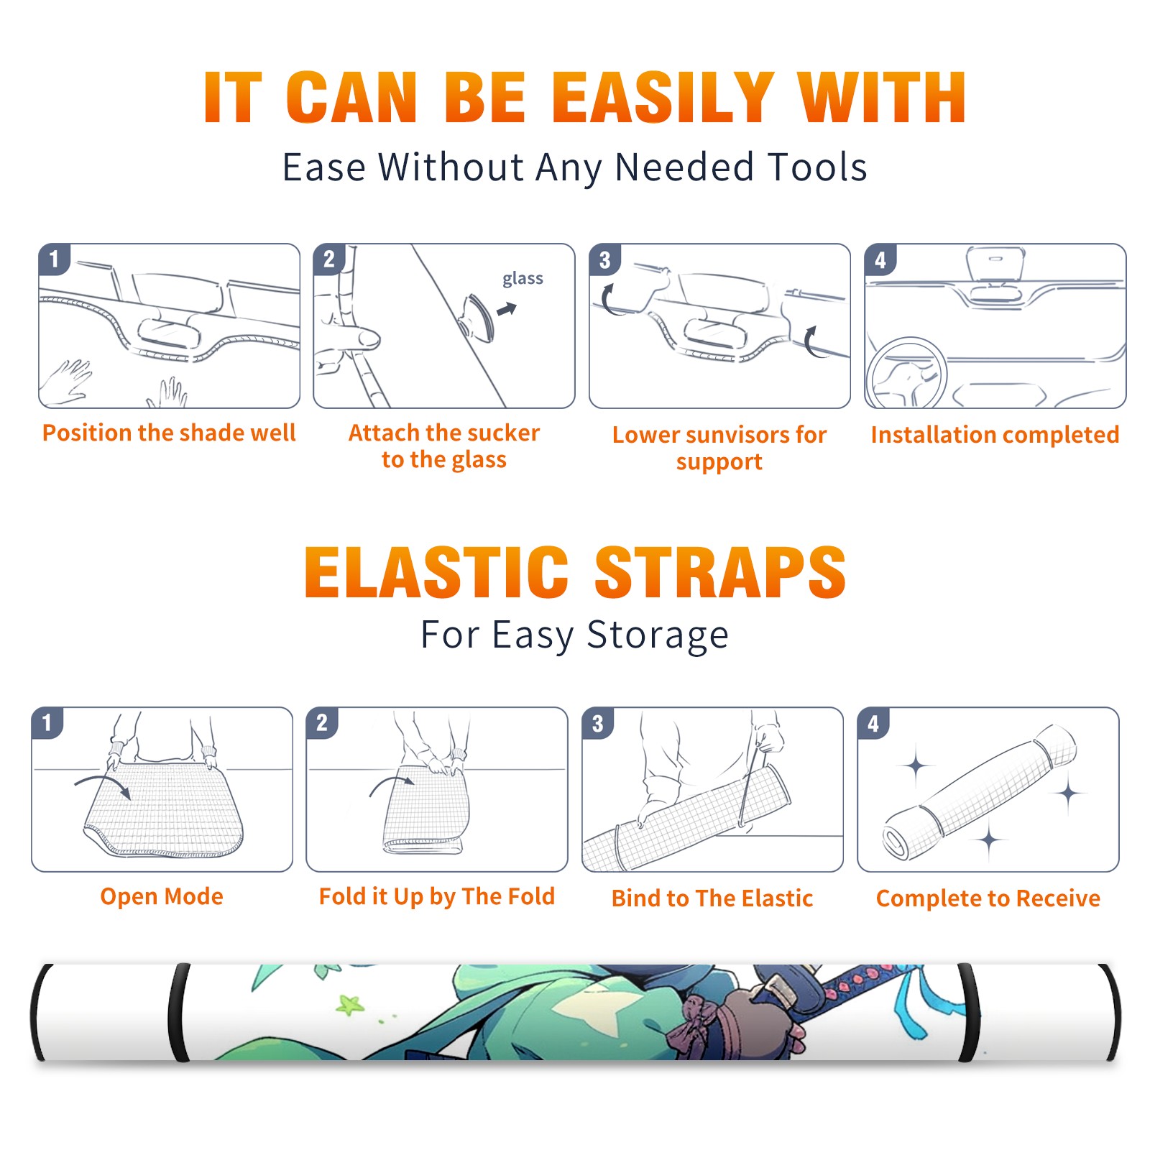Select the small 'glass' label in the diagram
523,279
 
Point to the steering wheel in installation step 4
906,372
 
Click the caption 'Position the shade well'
169,433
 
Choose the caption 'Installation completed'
995,435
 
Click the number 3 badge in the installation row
604,260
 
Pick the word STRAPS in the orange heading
720,572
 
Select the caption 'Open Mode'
162,896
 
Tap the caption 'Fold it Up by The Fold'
437,896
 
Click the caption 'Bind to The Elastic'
712,898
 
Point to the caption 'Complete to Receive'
988,898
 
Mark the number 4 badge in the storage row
873,724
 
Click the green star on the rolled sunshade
350,1004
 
